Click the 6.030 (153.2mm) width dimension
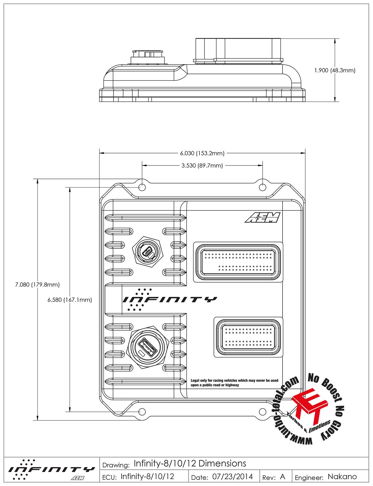coord(202,153)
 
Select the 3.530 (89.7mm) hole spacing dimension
coord(202,166)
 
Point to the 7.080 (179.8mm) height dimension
coord(37,284)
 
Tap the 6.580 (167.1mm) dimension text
coord(70,300)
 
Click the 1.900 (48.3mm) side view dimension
coord(334,70)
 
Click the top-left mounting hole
coord(142,187)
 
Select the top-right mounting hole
coord(263,187)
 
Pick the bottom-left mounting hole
coord(142,411)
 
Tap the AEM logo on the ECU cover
coord(263,218)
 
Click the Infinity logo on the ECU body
coord(169,299)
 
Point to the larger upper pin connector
coord(238,262)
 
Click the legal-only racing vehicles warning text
coord(234,383)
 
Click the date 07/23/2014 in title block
coord(233,477)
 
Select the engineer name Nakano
coord(342,477)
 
